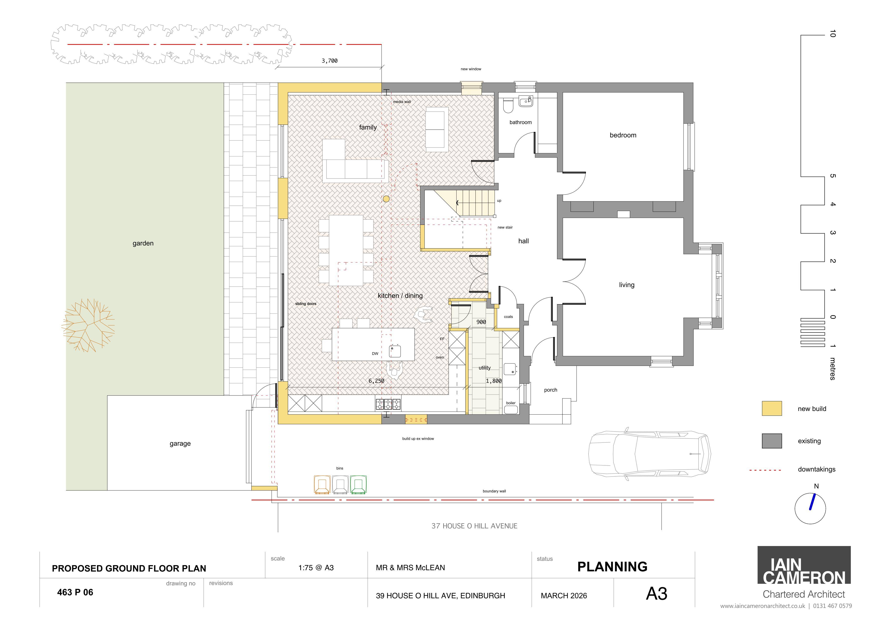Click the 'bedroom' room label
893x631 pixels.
pos(623,135)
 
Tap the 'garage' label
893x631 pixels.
pos(180,444)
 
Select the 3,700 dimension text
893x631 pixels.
pos(329,61)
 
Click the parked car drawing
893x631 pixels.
pos(649,454)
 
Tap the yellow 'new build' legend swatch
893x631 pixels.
pos(772,409)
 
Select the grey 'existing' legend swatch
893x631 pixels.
pos(772,441)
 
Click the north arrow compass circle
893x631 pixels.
pos(810,509)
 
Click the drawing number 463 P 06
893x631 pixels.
pos(75,592)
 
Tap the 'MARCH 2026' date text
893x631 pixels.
pos(564,596)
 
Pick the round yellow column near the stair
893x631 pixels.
pos(386,199)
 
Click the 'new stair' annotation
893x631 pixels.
pos(505,227)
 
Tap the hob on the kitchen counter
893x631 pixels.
pos(388,404)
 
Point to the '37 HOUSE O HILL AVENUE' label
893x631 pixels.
pos(474,526)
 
